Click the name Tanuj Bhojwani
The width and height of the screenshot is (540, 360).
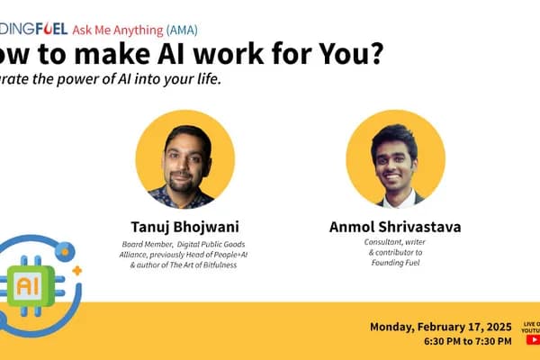click(x=184, y=226)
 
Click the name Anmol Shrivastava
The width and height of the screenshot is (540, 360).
click(x=395, y=226)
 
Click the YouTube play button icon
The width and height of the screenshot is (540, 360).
click(x=531, y=339)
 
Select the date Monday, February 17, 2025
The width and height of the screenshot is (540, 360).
click(x=440, y=325)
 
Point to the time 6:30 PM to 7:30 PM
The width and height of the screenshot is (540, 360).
click(x=467, y=340)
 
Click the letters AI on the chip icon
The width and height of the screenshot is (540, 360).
click(x=28, y=286)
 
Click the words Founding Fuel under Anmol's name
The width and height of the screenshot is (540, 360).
click(x=395, y=264)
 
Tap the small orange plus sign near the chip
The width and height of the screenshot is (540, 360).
click(x=77, y=270)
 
